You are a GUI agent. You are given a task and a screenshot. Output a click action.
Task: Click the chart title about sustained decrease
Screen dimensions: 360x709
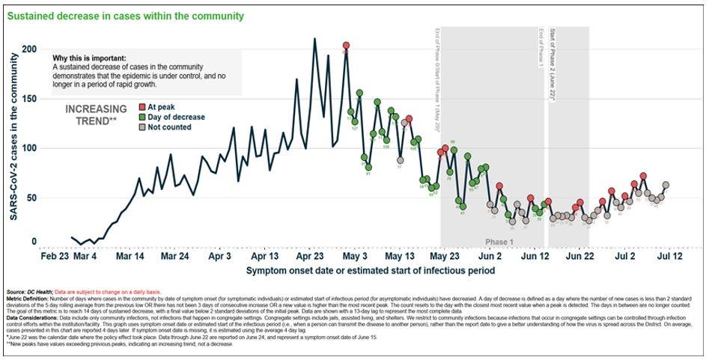point(124,15)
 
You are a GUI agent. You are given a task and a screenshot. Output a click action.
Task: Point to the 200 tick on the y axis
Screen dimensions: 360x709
point(28,49)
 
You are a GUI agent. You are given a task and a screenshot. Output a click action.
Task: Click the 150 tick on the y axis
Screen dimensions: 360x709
point(28,98)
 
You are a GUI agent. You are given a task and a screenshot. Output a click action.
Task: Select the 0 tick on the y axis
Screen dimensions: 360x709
point(33,242)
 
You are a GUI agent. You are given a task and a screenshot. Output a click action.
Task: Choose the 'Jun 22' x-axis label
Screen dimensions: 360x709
point(579,255)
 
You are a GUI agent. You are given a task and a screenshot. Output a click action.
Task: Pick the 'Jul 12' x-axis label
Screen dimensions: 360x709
point(668,255)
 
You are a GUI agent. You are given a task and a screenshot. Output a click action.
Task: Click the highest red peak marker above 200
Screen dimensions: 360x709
point(346,46)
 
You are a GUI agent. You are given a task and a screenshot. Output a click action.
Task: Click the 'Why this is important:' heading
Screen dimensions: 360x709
point(89,58)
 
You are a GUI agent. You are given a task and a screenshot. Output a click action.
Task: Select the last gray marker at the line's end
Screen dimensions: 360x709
point(666,185)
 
